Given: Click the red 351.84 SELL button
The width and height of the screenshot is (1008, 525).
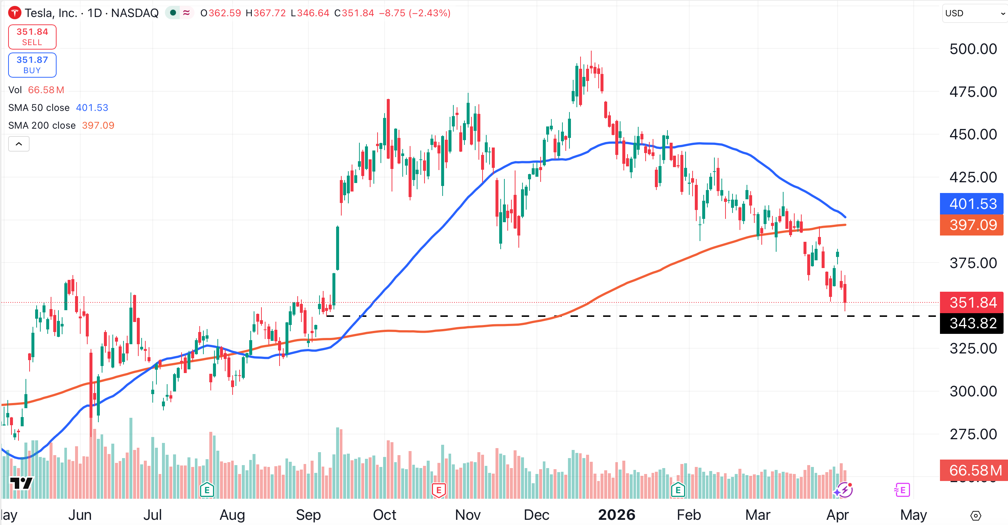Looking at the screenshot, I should point(32,37).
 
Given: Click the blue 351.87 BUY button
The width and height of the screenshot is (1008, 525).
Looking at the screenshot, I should point(32,65).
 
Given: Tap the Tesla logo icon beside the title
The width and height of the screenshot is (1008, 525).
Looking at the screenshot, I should point(15,13).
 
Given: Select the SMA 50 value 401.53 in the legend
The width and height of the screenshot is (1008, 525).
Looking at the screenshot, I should point(92,108).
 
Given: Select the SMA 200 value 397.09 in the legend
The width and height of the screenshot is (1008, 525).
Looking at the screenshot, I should point(98,125).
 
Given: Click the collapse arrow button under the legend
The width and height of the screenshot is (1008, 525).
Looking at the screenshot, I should point(19,144).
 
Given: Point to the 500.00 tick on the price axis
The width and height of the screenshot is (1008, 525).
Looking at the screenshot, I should point(973,49).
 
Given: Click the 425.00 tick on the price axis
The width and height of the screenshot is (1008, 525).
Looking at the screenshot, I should point(973,177).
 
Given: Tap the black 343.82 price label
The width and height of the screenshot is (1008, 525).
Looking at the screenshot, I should point(972,324).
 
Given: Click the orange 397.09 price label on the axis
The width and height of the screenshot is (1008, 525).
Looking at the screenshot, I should point(972,225).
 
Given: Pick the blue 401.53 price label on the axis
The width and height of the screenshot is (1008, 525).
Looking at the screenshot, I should point(972,204).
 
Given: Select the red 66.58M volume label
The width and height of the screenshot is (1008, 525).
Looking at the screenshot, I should point(974,470).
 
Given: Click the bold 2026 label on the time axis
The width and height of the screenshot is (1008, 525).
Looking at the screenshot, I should point(617,515).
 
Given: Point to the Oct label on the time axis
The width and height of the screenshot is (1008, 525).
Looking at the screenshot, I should point(384,515).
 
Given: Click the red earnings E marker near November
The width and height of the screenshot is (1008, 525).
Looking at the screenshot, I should point(439,490).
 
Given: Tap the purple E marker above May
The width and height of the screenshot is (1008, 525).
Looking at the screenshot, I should point(902,490).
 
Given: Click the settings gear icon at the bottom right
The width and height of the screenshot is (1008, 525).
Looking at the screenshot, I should point(976,516).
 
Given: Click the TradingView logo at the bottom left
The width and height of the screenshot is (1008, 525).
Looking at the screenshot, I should point(21,484).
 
